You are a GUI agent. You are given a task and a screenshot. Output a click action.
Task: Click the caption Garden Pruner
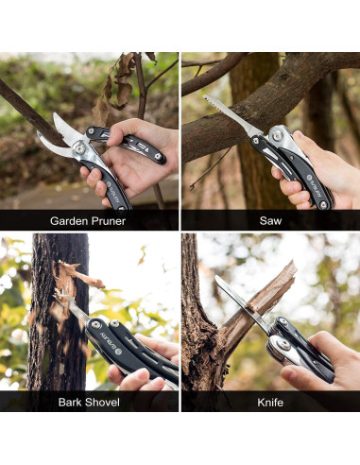coord(88,221)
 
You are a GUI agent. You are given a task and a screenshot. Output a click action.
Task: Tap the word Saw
coord(270,221)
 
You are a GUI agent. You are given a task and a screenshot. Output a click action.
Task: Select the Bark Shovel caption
coord(88,402)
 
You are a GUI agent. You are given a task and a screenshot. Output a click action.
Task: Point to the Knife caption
coord(270,402)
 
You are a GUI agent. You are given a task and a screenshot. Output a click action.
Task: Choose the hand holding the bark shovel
coord(142,369)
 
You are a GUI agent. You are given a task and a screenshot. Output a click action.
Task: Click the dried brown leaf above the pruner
coord(121,85)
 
